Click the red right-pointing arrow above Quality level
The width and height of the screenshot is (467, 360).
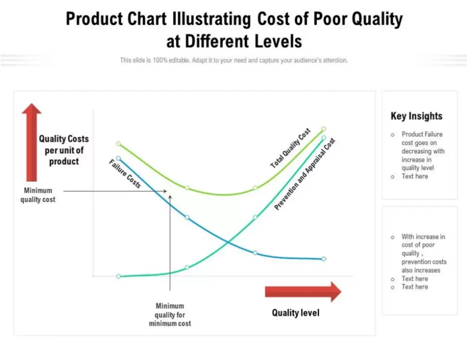pyautogui.click(x=302, y=292)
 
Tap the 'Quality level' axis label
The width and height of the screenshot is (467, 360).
pyautogui.click(x=296, y=313)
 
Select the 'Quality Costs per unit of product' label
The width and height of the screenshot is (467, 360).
pyautogui.click(x=64, y=150)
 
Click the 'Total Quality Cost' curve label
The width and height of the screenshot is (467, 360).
pyautogui.click(x=291, y=148)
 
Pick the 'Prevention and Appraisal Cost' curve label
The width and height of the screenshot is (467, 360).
pyautogui.click(x=305, y=174)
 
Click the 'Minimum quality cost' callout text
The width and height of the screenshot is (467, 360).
pyautogui.click(x=38, y=195)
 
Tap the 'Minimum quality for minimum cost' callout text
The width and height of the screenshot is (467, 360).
pyautogui.click(x=170, y=314)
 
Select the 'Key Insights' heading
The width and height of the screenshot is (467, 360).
pyautogui.click(x=416, y=116)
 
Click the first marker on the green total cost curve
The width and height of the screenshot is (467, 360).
pyautogui.click(x=119, y=144)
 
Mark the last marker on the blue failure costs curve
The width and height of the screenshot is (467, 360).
pyautogui.click(x=324, y=259)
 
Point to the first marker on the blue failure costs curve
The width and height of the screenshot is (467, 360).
pyautogui.click(x=119, y=159)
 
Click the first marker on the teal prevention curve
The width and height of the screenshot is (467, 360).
pyautogui.click(x=119, y=277)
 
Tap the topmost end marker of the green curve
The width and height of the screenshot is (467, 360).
pyautogui.click(x=324, y=129)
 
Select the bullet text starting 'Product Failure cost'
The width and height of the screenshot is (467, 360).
pyautogui.click(x=423, y=151)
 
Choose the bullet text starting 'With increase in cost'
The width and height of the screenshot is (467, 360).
pyautogui.click(x=424, y=253)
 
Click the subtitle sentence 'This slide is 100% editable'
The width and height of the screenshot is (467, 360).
pyautogui.click(x=233, y=60)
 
